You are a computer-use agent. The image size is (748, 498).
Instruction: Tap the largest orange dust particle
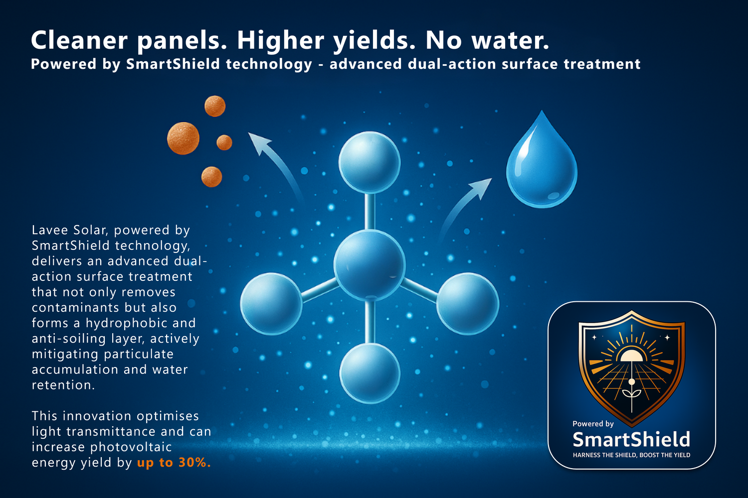pyautogui.click(x=183, y=138)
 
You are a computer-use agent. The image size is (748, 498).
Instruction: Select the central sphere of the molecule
pyautogui.click(x=369, y=263)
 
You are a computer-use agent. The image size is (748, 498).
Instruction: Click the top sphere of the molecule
pyautogui.click(x=370, y=162)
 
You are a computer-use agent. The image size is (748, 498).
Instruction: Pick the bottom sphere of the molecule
pyautogui.click(x=370, y=373)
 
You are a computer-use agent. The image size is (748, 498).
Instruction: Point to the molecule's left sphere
pyautogui.click(x=271, y=303)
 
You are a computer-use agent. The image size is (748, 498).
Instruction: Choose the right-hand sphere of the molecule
pyautogui.click(x=467, y=303)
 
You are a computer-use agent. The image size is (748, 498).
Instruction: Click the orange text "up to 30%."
pyautogui.click(x=174, y=463)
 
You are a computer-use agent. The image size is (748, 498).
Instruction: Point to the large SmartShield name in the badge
pyautogui.click(x=631, y=440)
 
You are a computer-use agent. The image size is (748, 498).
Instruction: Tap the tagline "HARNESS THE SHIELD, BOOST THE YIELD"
pyautogui.click(x=631, y=455)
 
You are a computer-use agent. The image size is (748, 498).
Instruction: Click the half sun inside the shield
pyautogui.click(x=631, y=356)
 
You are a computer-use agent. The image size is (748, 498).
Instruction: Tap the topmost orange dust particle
pyautogui.click(x=215, y=106)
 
